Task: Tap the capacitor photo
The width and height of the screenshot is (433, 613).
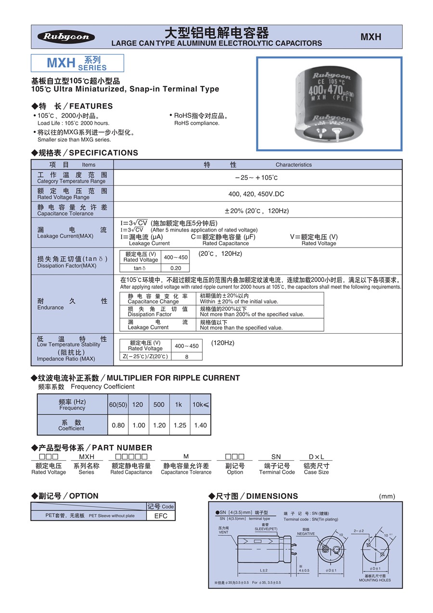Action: tap(329, 104)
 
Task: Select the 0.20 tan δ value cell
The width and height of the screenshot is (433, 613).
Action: tap(176, 268)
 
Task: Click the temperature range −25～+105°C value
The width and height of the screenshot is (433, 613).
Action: tap(256, 178)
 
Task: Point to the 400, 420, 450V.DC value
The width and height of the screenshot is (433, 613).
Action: tap(256, 194)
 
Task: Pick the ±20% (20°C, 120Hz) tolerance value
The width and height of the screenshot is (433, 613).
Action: tap(256, 210)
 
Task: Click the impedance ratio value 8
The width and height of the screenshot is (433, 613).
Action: tap(186, 356)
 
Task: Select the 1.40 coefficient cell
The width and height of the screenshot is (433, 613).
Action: tap(200, 425)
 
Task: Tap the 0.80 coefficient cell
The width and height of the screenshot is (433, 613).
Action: tap(118, 425)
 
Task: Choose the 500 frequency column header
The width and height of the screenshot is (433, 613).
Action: tap(159, 404)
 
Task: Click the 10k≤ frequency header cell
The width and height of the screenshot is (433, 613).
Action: tap(200, 404)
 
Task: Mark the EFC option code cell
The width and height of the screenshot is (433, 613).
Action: tap(161, 516)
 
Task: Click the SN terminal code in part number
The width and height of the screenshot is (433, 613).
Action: tap(276, 456)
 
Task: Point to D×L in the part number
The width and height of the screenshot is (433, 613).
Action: tap(316, 456)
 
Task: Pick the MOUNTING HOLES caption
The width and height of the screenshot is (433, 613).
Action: tap(375, 580)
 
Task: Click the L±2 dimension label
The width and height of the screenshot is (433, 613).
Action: tap(264, 570)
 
